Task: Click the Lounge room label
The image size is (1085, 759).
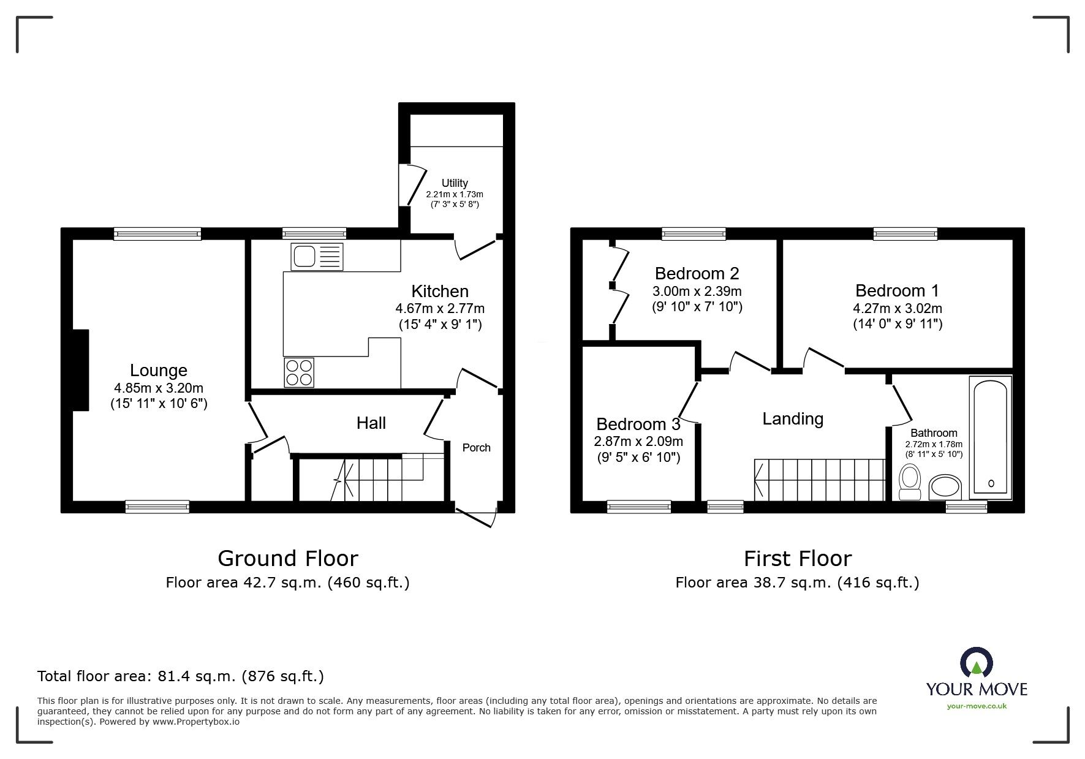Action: click(x=158, y=370)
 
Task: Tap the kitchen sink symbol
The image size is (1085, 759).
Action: click(x=317, y=256)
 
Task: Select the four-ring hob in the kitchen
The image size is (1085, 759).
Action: click(x=299, y=372)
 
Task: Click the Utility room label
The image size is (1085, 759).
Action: click(x=455, y=183)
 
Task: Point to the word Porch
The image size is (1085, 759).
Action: click(x=476, y=448)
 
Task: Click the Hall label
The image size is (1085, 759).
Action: click(x=371, y=423)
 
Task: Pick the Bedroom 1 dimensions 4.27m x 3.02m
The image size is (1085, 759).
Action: click(x=897, y=309)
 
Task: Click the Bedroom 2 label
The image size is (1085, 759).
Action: click(x=697, y=273)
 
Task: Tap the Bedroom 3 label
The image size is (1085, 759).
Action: click(x=638, y=424)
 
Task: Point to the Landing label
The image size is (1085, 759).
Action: click(x=792, y=419)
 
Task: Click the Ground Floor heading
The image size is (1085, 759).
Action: click(x=287, y=558)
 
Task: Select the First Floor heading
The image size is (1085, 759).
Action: click(x=797, y=558)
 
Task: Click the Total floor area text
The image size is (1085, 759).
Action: click(x=180, y=676)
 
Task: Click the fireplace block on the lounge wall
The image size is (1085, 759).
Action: click(x=81, y=370)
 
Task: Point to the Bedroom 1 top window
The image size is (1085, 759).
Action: click(x=905, y=233)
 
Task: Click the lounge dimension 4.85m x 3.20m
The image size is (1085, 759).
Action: click(x=158, y=388)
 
